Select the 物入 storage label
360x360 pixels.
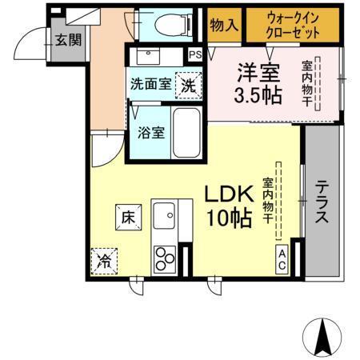pos(224,25)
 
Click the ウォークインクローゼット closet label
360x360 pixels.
pos(294,25)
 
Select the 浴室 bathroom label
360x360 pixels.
pos(152,133)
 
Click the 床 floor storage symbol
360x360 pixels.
pos(127,214)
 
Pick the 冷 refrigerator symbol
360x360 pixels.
pos(104,260)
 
